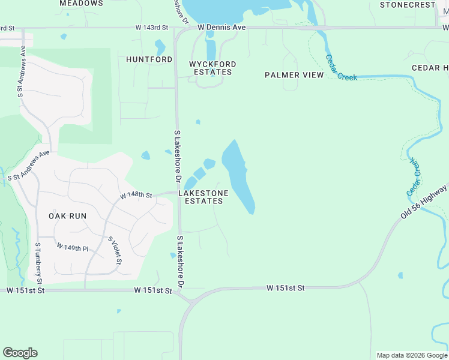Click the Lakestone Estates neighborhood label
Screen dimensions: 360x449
point(203,197)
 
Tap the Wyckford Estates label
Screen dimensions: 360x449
point(212,68)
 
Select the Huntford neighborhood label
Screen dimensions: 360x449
point(149,59)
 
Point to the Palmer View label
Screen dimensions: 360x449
point(294,75)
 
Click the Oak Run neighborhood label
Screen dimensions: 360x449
point(68,216)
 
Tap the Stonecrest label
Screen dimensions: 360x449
point(408,5)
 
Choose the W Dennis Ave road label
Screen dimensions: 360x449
point(221,28)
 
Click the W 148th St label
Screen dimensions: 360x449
point(136,196)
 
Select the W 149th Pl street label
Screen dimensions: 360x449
point(73,247)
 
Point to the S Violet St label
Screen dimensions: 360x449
point(115,251)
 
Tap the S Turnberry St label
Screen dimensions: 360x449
point(38,263)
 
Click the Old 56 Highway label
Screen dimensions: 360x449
point(424,202)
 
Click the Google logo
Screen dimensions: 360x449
point(20,353)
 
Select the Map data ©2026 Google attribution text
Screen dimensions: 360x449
point(412,355)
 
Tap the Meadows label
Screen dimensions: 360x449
point(82,4)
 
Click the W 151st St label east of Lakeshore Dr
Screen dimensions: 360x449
point(285,289)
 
